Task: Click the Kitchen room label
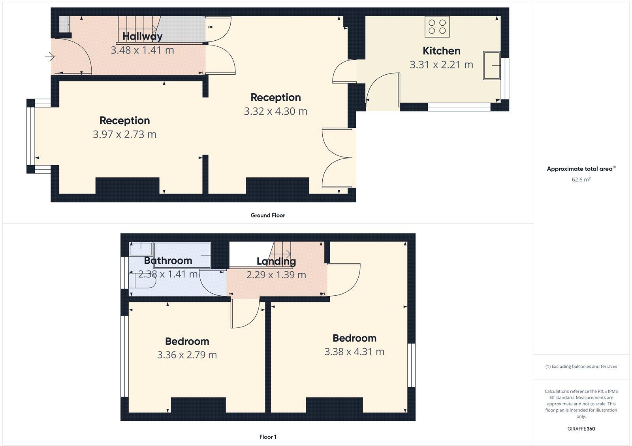pyautogui.click(x=441, y=51)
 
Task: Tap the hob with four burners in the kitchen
pyautogui.click(x=437, y=26)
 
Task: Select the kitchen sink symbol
pyautogui.click(x=491, y=65)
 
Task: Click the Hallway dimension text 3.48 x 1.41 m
pyautogui.click(x=142, y=50)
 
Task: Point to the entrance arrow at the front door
pyautogui.click(x=50, y=57)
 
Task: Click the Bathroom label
pyautogui.click(x=168, y=261)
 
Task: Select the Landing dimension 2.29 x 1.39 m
pyautogui.click(x=276, y=275)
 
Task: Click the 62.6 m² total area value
pyautogui.click(x=581, y=180)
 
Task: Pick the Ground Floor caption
pyautogui.click(x=267, y=215)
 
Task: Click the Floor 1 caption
pyautogui.click(x=268, y=437)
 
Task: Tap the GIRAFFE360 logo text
pyautogui.click(x=581, y=429)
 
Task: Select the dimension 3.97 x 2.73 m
pyautogui.click(x=124, y=134)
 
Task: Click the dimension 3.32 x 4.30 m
pyautogui.click(x=275, y=111)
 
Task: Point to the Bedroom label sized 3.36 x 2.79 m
pyautogui.click(x=187, y=341)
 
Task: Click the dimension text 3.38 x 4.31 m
pyautogui.click(x=354, y=352)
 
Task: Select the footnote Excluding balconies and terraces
pyautogui.click(x=581, y=367)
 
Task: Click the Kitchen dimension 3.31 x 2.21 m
pyautogui.click(x=441, y=65)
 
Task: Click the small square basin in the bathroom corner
pyautogui.click(x=141, y=249)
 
